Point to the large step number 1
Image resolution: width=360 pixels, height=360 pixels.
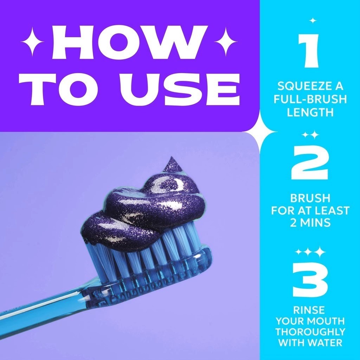tap(308, 51)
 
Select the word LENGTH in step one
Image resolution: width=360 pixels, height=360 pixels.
tap(310, 112)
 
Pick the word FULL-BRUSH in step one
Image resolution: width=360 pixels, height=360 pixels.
tap(310, 99)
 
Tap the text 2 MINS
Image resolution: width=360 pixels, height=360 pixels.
tap(310, 223)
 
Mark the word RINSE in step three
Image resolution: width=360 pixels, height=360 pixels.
tap(309, 310)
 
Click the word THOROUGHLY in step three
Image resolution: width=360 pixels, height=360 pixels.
tap(310, 332)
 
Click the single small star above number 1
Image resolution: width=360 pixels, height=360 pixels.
tap(313, 21)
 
